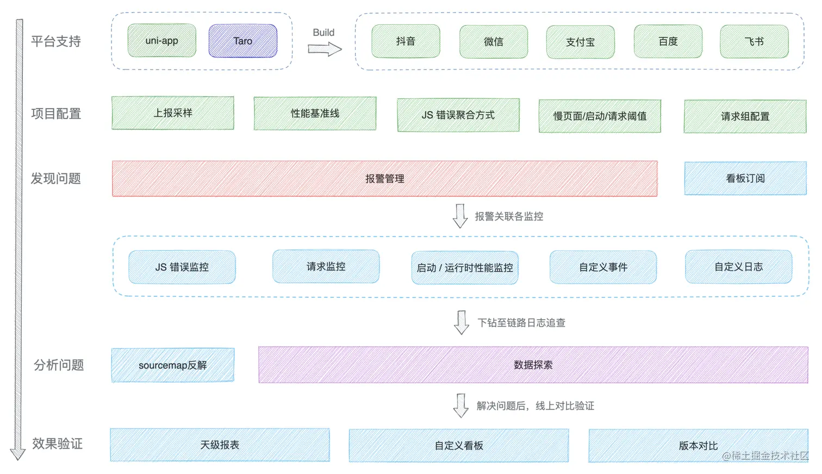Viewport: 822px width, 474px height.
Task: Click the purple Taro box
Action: point(242,41)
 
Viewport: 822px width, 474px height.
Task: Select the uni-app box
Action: point(161,40)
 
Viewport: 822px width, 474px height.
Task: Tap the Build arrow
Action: point(325,49)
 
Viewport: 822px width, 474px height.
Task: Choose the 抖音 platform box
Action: point(406,41)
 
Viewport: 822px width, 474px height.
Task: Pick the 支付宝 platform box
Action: point(580,42)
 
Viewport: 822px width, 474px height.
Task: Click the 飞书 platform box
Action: point(754,41)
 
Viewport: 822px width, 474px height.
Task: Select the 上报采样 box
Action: point(173,113)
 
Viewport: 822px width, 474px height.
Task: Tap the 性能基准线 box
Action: point(315,114)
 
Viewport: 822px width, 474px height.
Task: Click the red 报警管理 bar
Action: point(384,178)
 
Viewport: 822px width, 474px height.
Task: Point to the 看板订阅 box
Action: point(745,178)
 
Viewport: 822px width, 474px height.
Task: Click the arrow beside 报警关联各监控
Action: point(460,216)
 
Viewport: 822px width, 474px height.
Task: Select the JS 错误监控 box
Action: point(182,267)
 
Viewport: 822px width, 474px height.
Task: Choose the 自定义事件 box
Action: point(603,267)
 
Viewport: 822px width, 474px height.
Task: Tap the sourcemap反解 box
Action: point(173,365)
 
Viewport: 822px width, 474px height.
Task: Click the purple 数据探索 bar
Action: point(533,365)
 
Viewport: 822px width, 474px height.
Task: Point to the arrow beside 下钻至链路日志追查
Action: point(462,322)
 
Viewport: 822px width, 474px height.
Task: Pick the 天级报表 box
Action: point(220,445)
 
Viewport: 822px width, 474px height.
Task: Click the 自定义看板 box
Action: point(459,445)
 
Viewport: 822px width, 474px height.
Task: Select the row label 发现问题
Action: point(55,178)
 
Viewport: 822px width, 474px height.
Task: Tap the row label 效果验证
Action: point(57,444)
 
